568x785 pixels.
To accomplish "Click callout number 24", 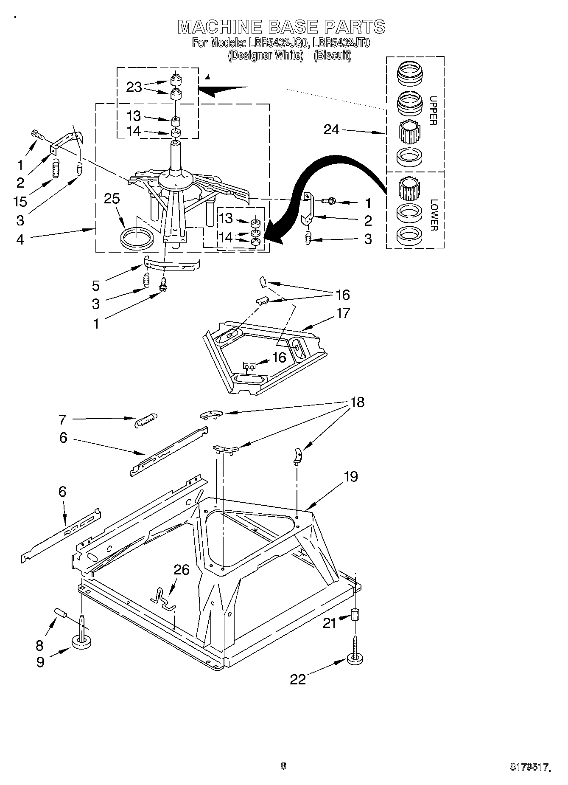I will tap(331, 129).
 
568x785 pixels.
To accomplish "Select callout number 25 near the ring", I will tap(112, 199).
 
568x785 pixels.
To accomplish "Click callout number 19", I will tap(350, 476).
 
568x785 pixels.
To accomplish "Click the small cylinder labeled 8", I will tap(61, 613).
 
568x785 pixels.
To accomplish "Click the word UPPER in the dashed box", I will tap(433, 111).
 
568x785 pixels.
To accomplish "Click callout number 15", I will tap(20, 201).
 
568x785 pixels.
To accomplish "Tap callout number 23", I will tap(134, 87).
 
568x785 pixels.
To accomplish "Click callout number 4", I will tap(20, 239).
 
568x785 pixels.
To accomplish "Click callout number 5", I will tap(96, 286).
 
